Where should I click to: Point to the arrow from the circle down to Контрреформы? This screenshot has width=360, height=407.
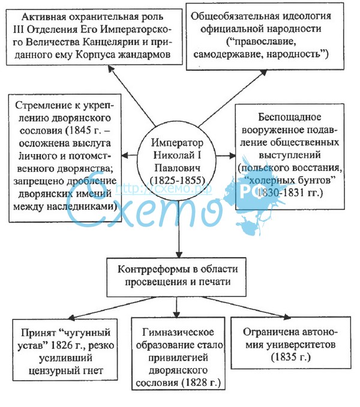point(179,234)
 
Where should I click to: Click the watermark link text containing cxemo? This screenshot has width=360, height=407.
point(144,188)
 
